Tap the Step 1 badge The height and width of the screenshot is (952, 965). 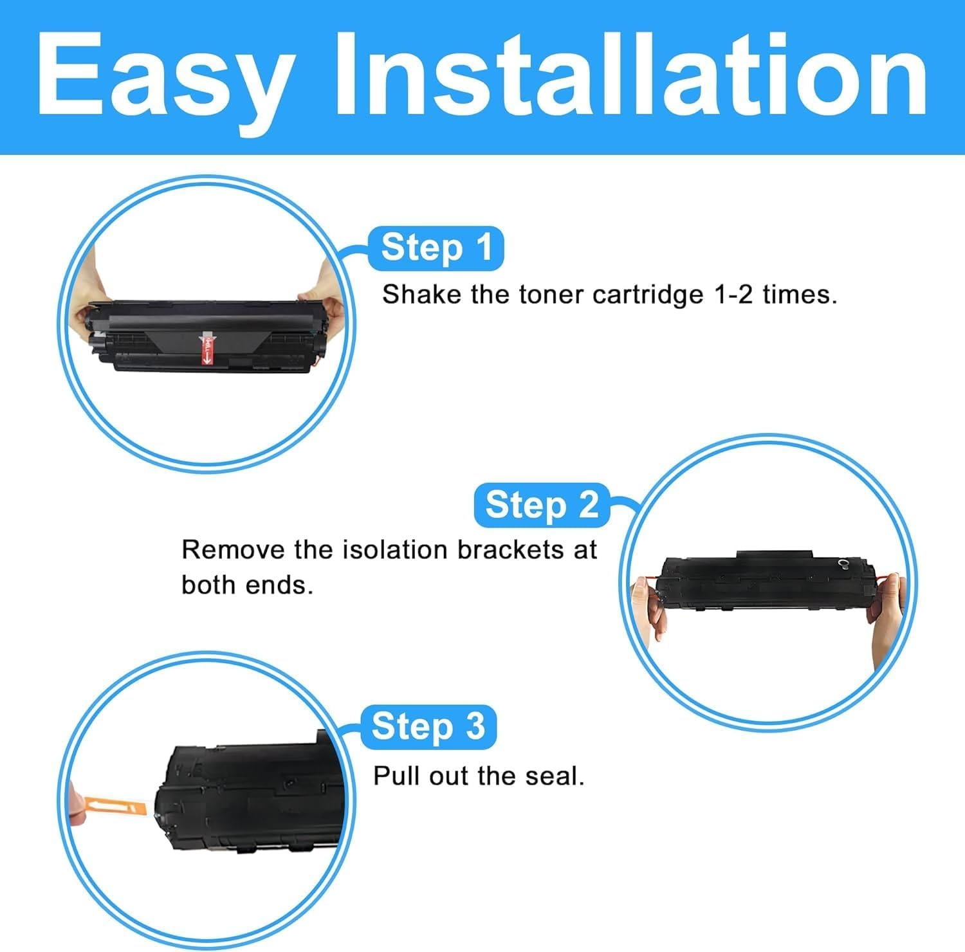(436, 248)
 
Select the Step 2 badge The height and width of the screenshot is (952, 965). (541, 505)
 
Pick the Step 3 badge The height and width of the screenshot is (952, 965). (428, 727)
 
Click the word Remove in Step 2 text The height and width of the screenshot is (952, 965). (233, 550)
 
